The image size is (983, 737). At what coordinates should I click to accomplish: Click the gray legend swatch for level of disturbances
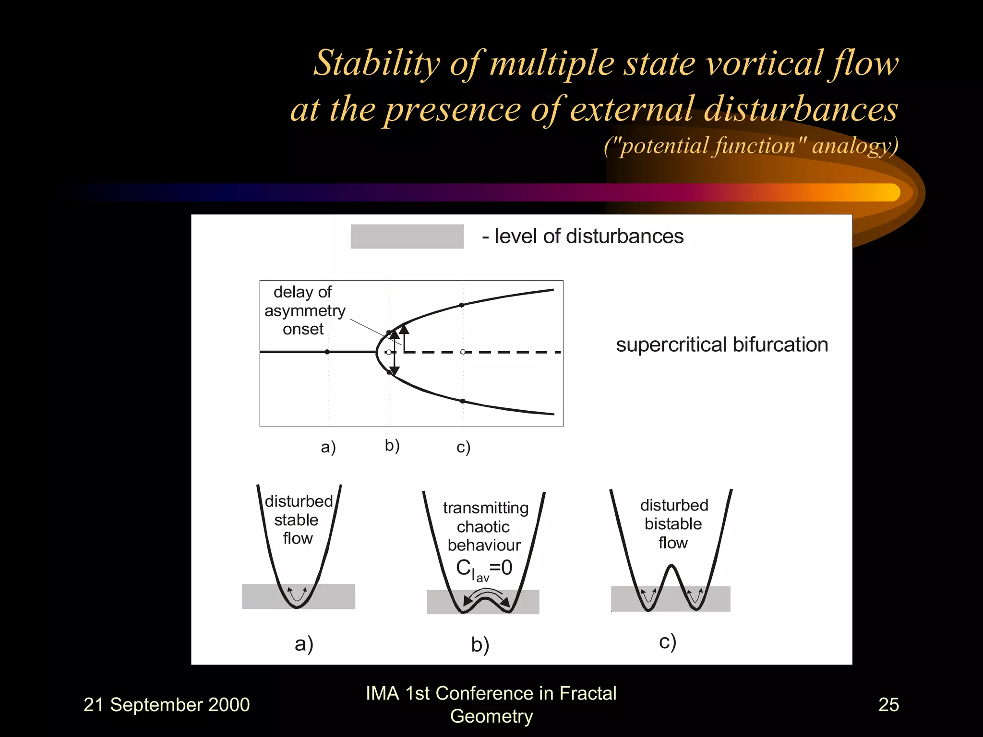(407, 236)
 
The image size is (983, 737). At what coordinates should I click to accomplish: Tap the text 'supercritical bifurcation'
(722, 345)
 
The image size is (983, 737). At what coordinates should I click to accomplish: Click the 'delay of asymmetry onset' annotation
(304, 310)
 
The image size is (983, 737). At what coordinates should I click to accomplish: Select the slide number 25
(888, 704)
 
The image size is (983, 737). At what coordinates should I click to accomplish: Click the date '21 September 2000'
(167, 704)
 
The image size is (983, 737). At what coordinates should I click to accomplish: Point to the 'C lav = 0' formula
(484, 569)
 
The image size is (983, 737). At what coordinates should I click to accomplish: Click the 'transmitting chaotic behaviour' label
(485, 526)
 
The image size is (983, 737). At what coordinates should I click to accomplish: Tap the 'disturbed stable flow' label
(298, 520)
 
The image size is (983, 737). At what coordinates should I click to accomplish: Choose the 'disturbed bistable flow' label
(673, 523)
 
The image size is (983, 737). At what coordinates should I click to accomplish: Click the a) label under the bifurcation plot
(328, 447)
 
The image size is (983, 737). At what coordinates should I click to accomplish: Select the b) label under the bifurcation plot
(392, 446)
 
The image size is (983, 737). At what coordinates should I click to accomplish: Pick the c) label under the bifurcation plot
(463, 447)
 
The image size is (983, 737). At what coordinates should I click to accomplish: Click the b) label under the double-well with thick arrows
(480, 644)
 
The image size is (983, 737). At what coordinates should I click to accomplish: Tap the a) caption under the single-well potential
(304, 643)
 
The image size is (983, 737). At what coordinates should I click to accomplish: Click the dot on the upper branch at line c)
(462, 305)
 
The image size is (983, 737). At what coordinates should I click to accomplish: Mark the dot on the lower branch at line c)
(463, 401)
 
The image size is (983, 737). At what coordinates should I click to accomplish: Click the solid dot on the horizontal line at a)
(327, 352)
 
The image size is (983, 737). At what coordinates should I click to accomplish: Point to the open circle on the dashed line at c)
(463, 352)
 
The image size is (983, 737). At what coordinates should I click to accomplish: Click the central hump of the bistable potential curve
(671, 569)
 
